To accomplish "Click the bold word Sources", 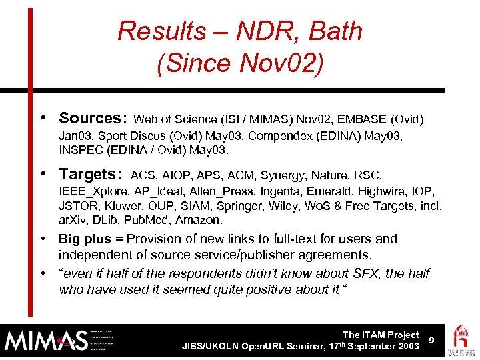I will tap(89, 119).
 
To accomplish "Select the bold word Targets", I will tap(87, 175).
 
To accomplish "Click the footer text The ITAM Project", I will tap(380, 335).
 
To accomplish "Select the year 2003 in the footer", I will tap(406, 346).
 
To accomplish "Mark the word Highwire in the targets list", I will tap(385, 191).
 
